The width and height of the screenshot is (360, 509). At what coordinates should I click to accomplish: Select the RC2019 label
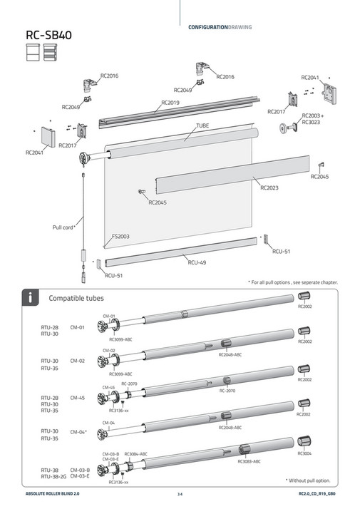click(170, 103)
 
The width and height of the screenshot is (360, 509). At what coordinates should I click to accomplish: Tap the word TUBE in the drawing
click(202, 125)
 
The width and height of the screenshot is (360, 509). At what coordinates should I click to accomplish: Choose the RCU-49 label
click(197, 262)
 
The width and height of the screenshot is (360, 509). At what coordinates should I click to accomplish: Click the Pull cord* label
click(64, 227)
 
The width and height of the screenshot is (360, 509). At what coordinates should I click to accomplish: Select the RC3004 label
click(304, 453)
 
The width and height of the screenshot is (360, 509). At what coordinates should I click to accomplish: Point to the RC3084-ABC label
click(136, 453)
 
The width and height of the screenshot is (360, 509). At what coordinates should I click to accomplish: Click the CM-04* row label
click(78, 432)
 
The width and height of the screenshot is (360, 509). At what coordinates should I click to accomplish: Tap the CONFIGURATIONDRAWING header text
click(220, 27)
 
